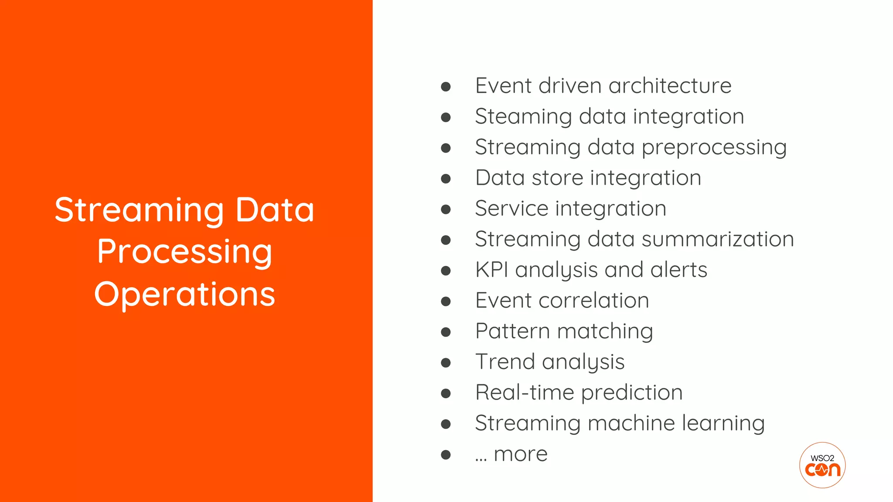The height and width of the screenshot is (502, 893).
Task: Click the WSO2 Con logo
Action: pos(822,465)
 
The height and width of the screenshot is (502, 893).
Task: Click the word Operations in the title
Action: pos(184,295)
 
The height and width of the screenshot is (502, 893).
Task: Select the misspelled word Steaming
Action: pos(523,117)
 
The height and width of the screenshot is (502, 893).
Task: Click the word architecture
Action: pos(670,85)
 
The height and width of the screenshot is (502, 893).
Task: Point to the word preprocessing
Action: pos(714,147)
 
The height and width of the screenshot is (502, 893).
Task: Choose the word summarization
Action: pos(718,239)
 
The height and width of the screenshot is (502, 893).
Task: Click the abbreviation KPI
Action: pos(492,270)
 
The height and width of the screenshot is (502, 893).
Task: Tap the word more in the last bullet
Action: pos(520,455)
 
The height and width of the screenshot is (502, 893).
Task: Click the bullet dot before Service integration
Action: pos(446,210)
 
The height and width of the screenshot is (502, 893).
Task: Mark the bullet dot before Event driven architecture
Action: pos(446,87)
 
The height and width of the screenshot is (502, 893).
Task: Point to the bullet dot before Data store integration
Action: pos(446,179)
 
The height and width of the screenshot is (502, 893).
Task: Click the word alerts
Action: pos(678,270)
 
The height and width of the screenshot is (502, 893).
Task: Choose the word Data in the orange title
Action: pos(275,210)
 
